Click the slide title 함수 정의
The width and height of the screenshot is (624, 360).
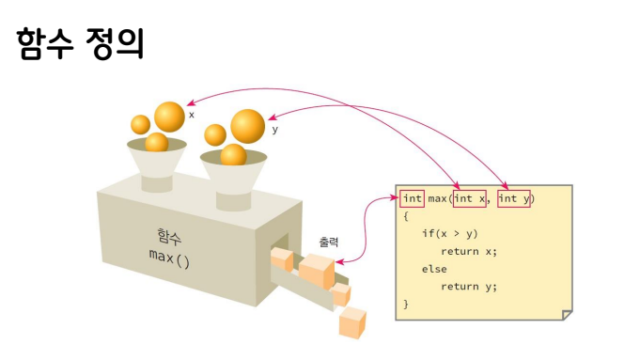pos(80,44)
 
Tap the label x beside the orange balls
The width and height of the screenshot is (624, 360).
pos(192,115)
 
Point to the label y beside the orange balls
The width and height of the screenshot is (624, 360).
pos(274,130)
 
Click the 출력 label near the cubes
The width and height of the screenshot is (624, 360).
pos(329,242)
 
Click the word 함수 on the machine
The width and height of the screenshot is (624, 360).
pos(169,236)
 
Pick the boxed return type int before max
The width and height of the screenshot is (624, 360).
pos(413,198)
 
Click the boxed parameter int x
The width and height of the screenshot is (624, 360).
pos(470,198)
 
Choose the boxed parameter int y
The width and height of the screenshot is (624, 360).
pos(514,198)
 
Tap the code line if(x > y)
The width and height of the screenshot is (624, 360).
pos(450,233)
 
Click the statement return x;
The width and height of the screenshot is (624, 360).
pos(469,251)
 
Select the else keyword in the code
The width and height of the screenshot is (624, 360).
pos(434,269)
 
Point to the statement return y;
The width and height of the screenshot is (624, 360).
pos(469,287)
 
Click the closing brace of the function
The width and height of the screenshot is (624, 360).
pos(406,305)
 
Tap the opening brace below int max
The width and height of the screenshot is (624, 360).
pos(406,216)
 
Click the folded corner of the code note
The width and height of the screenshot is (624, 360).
pos(567,315)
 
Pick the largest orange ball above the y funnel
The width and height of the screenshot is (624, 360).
pos(247,126)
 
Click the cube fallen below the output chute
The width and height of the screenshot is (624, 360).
pos(352,322)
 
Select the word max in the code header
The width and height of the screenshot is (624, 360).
pos(437,198)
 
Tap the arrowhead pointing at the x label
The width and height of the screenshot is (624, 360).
pos(190,102)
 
